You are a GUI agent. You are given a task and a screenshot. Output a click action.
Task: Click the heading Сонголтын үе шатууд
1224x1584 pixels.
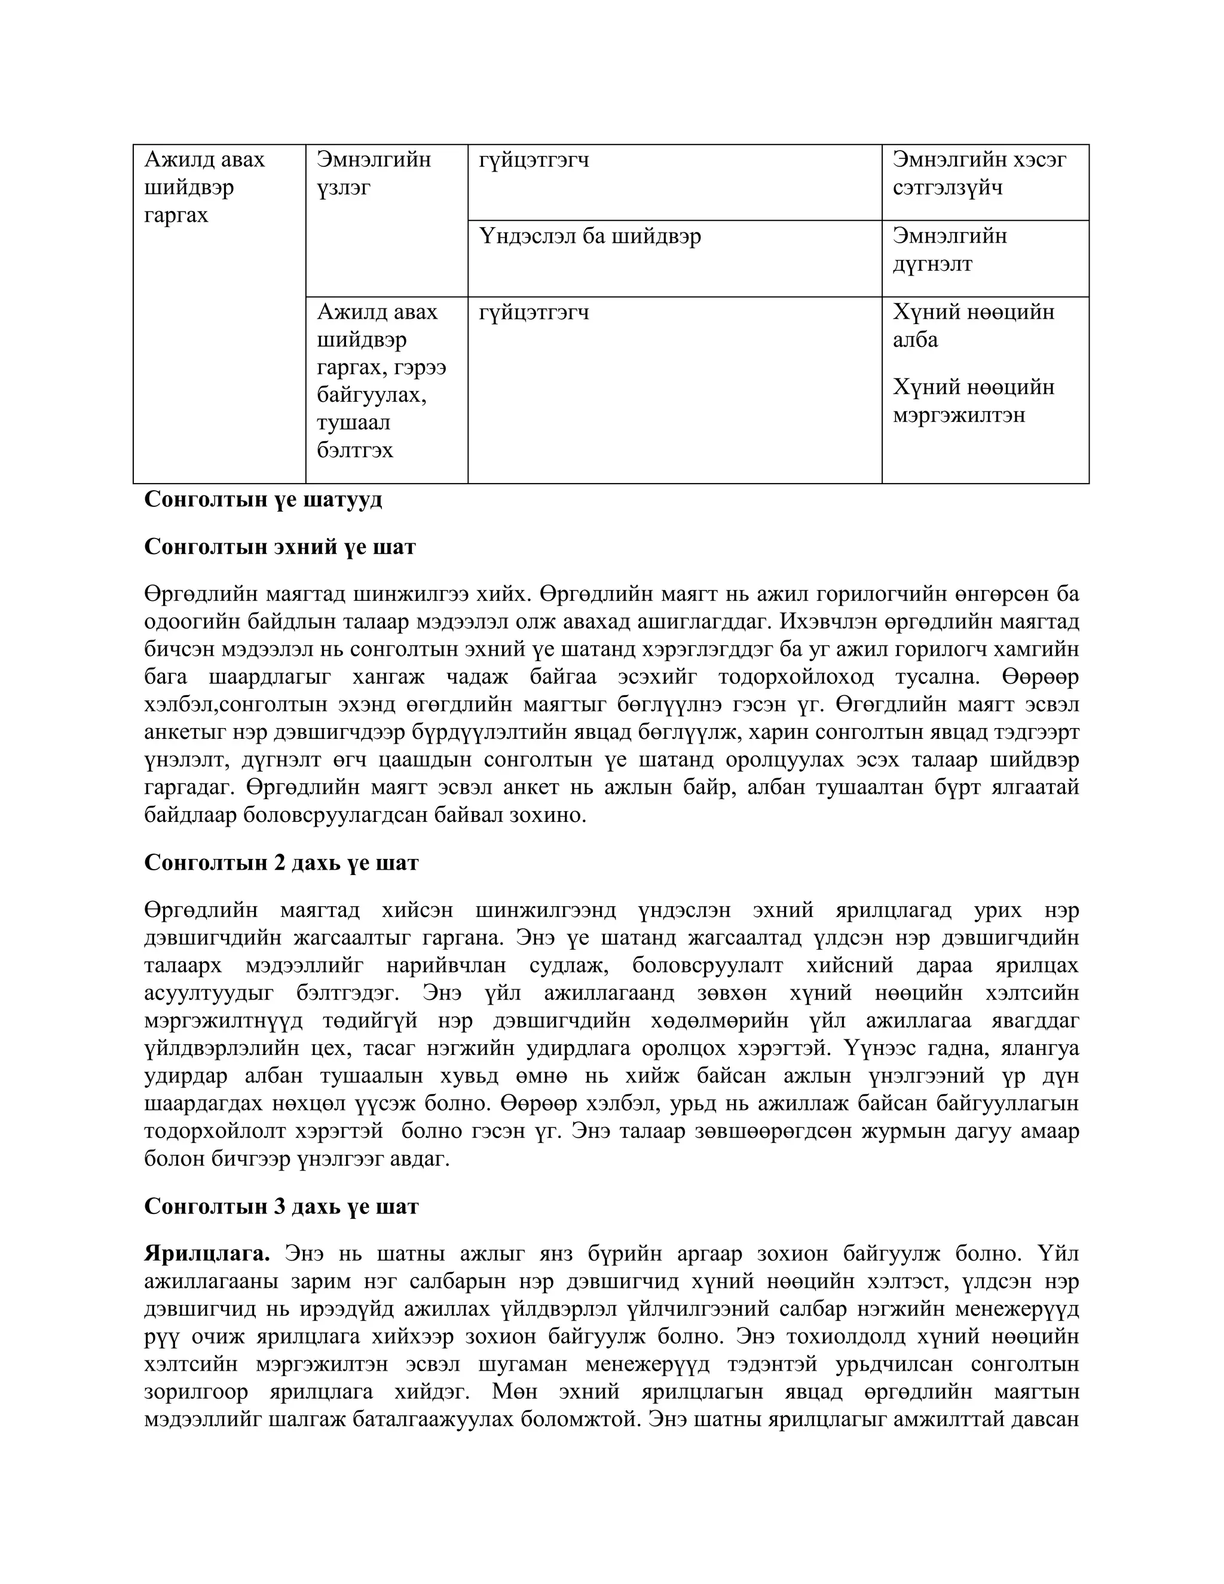coord(262,500)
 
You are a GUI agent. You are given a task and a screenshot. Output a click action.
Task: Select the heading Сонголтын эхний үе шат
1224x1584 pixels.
coord(280,546)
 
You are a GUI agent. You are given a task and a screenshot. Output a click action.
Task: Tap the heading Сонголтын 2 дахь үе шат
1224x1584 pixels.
coord(281,863)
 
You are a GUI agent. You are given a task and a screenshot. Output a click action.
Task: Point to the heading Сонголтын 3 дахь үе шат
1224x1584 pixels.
coord(281,1206)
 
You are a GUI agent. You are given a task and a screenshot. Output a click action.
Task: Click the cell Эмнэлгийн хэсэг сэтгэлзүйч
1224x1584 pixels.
coord(979,173)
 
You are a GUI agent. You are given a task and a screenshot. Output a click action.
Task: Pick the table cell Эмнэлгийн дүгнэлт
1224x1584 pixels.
coord(950,250)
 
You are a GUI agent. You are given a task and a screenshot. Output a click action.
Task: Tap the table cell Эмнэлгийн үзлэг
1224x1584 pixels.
coord(374,173)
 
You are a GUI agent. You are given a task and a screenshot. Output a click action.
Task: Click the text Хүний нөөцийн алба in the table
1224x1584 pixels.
coord(973,326)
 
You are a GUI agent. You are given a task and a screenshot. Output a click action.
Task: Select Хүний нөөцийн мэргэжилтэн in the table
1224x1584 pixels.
coord(973,401)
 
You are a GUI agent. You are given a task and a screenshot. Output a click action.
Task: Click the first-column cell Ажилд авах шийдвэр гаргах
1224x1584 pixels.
coord(204,187)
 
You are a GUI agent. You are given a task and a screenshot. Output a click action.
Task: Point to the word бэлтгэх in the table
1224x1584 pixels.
coord(354,451)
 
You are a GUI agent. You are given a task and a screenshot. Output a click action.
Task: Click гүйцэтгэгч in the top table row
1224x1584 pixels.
coord(534,160)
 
